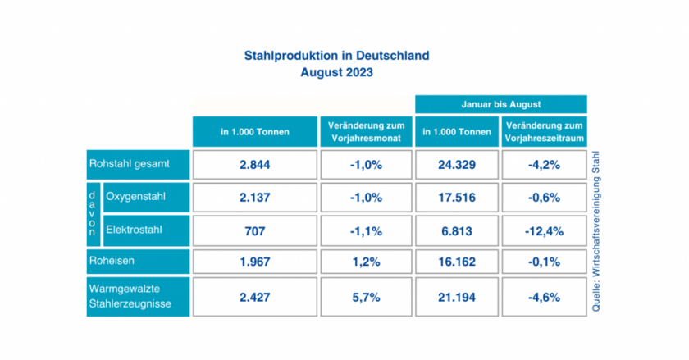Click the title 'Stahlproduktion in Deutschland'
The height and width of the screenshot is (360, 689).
[336, 56]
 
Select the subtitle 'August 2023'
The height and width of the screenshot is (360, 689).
[336, 72]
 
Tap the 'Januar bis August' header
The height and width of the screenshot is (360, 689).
[501, 105]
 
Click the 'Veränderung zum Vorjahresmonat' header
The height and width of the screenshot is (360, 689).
[366, 132]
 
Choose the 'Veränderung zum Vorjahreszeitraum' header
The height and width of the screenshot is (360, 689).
[544, 132]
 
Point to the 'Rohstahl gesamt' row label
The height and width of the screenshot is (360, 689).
[139, 164]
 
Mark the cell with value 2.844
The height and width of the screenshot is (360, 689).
[254, 165]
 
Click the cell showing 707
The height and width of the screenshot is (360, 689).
[254, 231]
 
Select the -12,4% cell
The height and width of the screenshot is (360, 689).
[544, 231]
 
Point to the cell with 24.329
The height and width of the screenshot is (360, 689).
[456, 165]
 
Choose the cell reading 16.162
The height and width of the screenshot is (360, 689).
[456, 262]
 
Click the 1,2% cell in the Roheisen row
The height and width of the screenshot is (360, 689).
[366, 262]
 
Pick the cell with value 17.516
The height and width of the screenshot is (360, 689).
[456, 198]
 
